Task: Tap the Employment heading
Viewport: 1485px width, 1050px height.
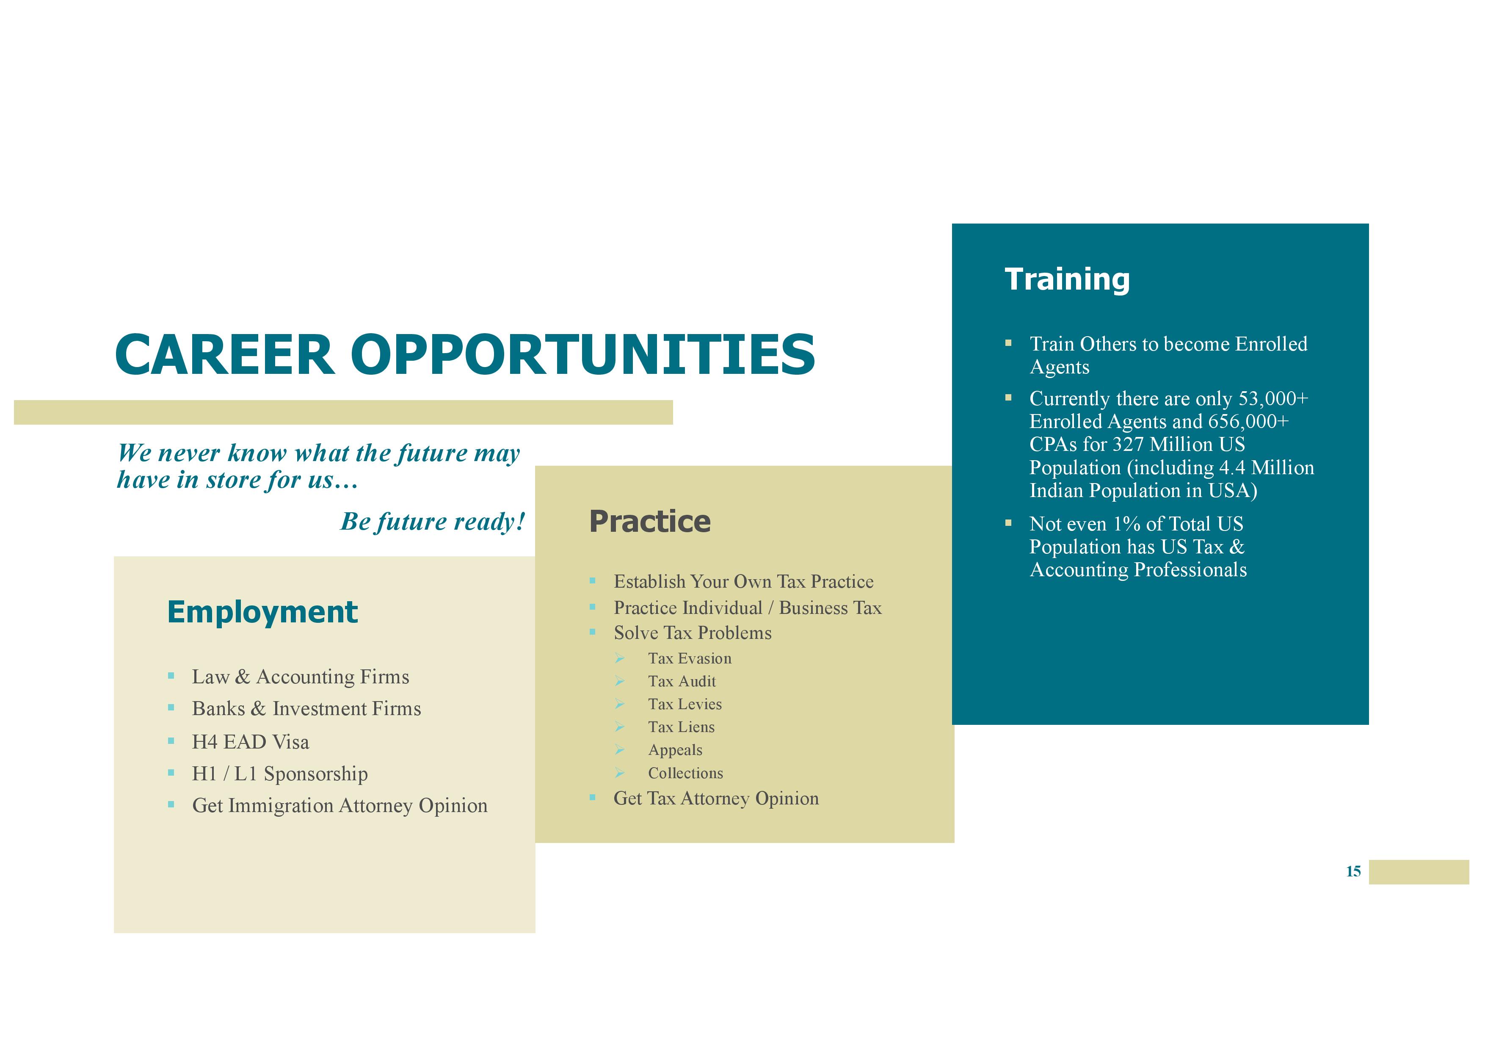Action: coord(262,613)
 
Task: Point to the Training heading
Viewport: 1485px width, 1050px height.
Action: coord(1067,279)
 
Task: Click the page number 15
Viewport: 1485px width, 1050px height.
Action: coord(1353,871)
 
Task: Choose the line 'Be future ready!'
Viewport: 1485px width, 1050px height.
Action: coord(433,522)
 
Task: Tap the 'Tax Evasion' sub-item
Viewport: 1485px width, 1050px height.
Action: coord(690,659)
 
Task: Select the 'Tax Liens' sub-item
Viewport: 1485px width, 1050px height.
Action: coord(681,727)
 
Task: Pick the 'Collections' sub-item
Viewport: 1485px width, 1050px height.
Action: coord(686,773)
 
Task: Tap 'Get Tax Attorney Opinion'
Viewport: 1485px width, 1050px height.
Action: coord(716,799)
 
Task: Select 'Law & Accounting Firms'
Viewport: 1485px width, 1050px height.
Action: coord(301,677)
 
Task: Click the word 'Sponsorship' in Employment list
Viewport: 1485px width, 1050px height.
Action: coord(316,774)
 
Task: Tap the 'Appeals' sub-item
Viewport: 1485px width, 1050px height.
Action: coord(675,751)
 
